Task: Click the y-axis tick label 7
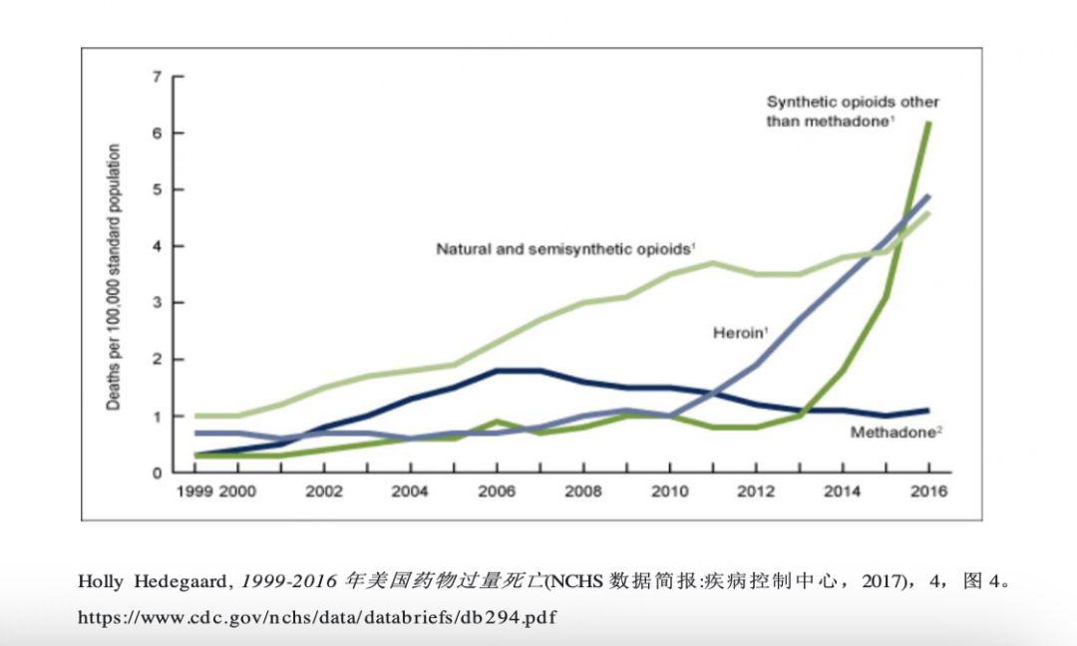(x=157, y=77)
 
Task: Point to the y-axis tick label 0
(x=157, y=473)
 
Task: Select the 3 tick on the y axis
(x=157, y=303)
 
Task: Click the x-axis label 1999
(x=194, y=491)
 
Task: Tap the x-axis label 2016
(x=928, y=491)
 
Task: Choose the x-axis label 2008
(x=582, y=491)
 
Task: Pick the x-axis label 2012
(x=755, y=491)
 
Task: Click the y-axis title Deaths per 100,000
(x=114, y=277)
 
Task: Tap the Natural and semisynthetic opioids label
(x=565, y=248)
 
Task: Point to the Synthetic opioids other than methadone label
(x=853, y=111)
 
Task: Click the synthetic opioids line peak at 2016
(x=929, y=123)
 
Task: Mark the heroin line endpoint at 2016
(x=929, y=195)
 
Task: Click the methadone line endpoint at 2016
(x=929, y=410)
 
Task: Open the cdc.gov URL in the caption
(x=315, y=617)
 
